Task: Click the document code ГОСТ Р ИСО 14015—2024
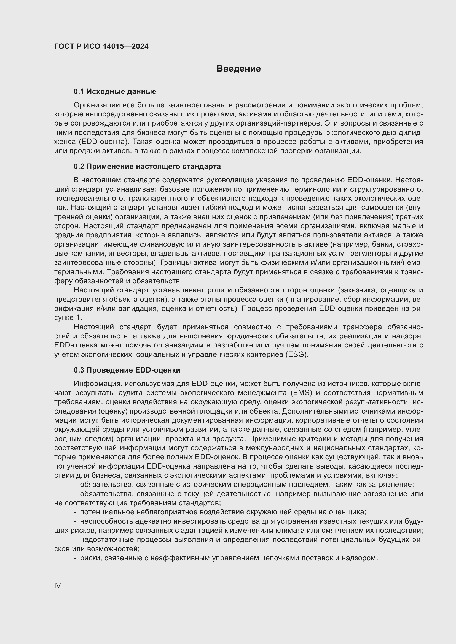pyautogui.click(x=101, y=46)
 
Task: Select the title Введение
pyautogui.click(x=238, y=69)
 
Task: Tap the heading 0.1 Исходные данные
pyautogui.click(x=115, y=91)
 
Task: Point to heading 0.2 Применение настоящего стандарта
pyautogui.click(x=147, y=166)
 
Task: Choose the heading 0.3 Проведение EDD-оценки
pyautogui.click(x=127, y=370)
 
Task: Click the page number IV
pyautogui.click(x=57, y=586)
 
